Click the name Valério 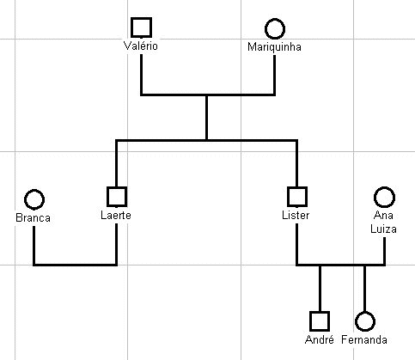pos(141,46)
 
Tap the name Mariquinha pos(274,47)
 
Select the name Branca pos(33,218)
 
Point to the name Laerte pos(116,216)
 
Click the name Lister pos(296,216)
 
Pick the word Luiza pos(383,229)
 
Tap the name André pos(320,340)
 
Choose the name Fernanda pos(364,340)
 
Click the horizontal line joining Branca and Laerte pos(75,265)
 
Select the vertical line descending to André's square pos(320,288)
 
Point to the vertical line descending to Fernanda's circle pos(364,288)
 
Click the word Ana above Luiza pos(383,216)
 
